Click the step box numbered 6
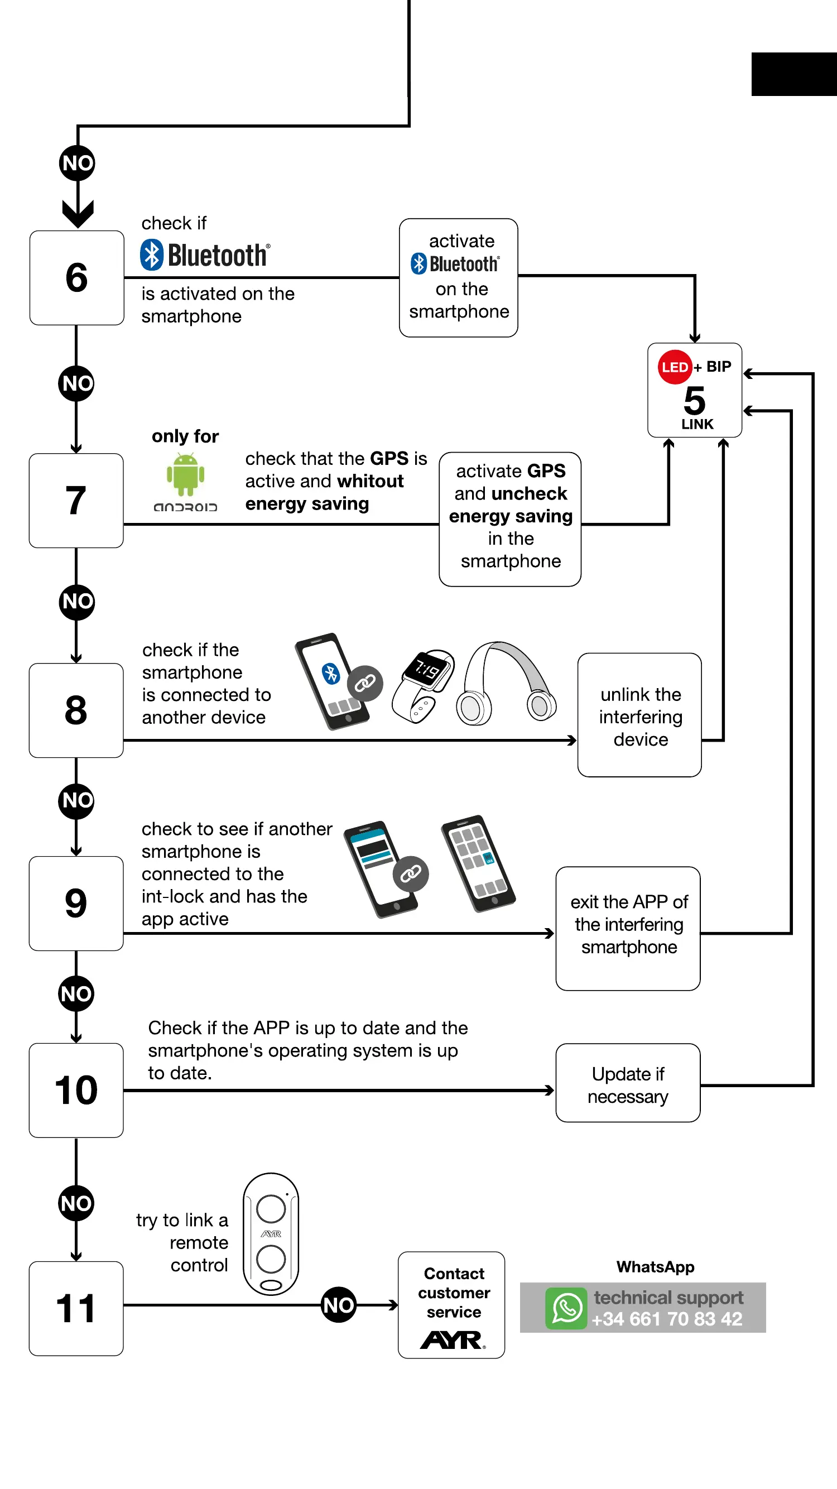pos(77,277)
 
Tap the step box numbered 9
pos(76,903)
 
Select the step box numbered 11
pos(76,1308)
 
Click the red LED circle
pos(675,367)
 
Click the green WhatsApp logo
pos(566,1308)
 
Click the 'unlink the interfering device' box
pos(639,715)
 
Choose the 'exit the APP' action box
pos(628,928)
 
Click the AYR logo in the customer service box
pos(453,1339)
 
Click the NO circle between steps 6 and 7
pos(76,383)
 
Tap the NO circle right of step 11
pos(339,1305)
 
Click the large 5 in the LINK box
pos(695,400)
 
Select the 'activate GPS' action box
pos(510,519)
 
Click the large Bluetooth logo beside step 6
pos(205,255)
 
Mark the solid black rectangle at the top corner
pos(794,74)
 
